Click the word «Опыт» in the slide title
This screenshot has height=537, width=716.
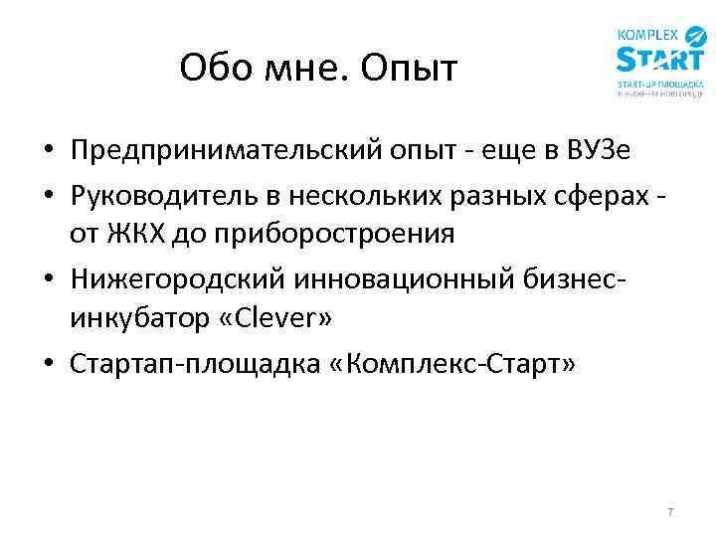tap(410, 70)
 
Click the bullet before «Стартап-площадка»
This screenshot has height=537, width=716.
tap(47, 366)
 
